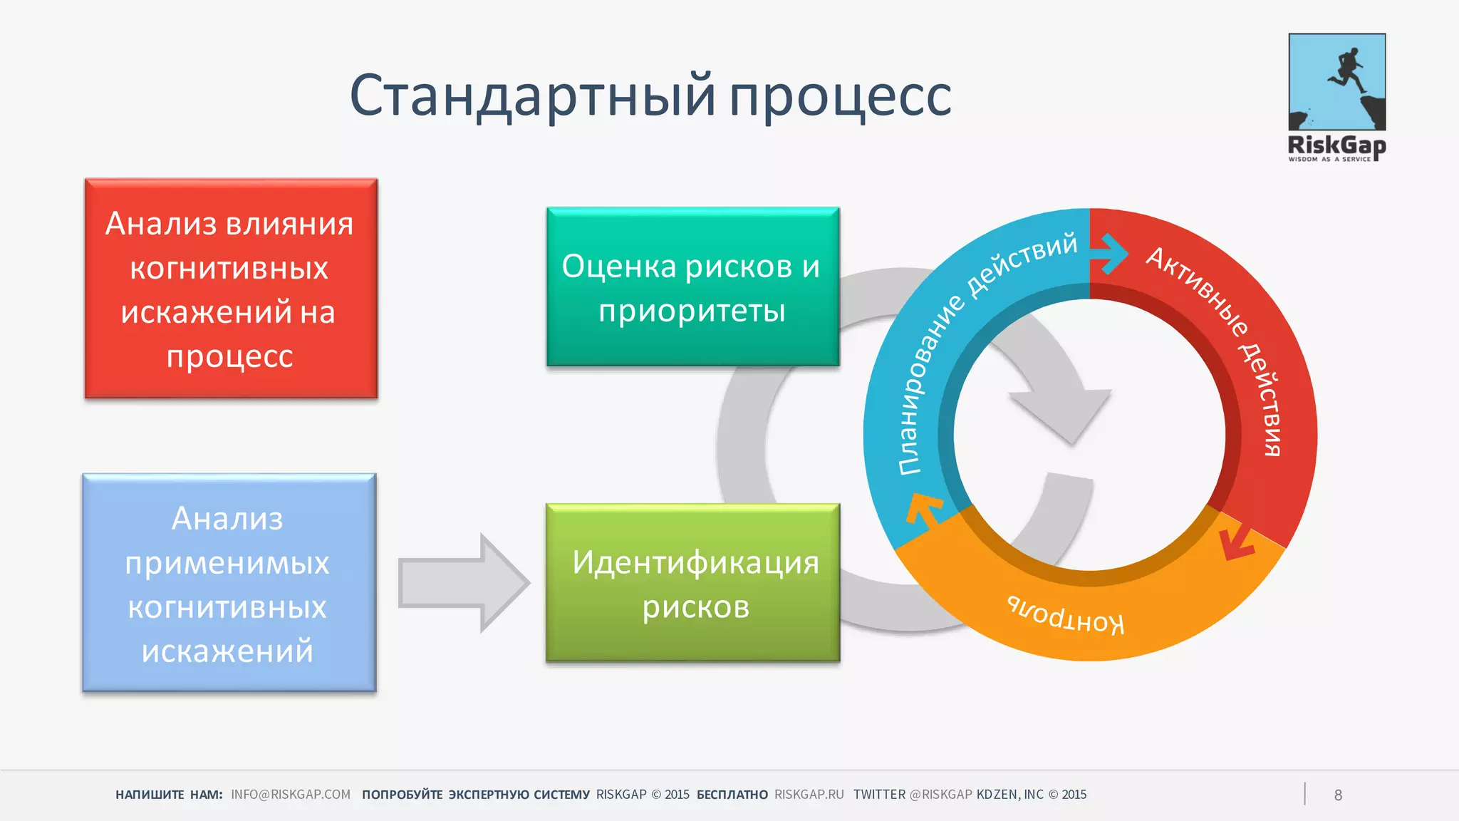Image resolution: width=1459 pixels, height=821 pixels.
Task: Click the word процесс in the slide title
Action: click(x=840, y=97)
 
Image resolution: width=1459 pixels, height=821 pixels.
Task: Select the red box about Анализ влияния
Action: click(x=231, y=288)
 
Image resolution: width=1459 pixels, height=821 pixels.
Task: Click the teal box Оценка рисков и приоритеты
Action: click(x=692, y=287)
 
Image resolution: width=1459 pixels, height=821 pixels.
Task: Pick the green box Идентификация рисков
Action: click(x=692, y=583)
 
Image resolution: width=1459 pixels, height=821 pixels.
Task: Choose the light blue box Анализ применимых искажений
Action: click(x=229, y=583)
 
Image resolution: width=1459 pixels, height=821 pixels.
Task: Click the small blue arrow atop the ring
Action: click(x=1110, y=252)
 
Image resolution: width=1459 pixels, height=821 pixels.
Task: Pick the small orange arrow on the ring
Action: click(x=923, y=510)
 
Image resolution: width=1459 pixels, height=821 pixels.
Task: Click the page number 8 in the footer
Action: click(x=1338, y=795)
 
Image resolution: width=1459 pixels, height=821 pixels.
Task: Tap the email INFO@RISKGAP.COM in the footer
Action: click(x=291, y=795)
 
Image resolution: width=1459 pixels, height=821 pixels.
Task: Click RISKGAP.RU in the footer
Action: click(x=809, y=795)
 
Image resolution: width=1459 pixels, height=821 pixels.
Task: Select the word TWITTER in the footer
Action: click(x=879, y=795)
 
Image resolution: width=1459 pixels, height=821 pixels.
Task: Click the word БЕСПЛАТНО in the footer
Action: click(x=732, y=795)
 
